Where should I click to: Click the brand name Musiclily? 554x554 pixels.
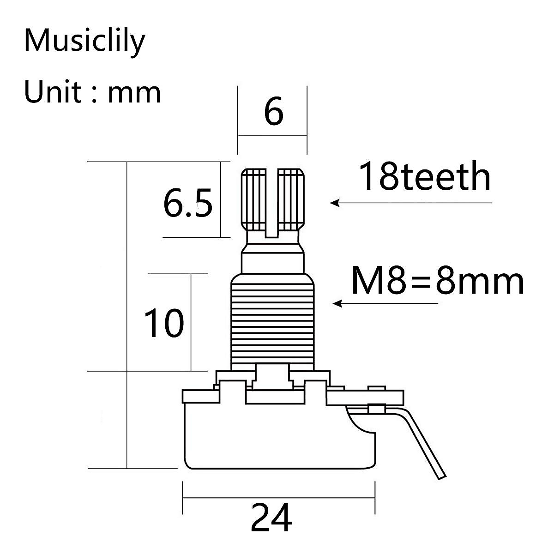[x=84, y=42]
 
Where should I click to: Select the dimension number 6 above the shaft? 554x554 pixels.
[x=273, y=112]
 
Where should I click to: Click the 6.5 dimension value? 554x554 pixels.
[x=188, y=204]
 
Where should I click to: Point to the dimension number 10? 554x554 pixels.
[x=164, y=323]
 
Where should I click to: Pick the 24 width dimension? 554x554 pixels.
[x=271, y=518]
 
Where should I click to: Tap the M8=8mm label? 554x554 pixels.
[x=437, y=281]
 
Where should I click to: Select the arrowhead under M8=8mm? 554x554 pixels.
[x=337, y=303]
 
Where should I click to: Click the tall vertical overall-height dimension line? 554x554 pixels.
[x=126, y=314]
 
